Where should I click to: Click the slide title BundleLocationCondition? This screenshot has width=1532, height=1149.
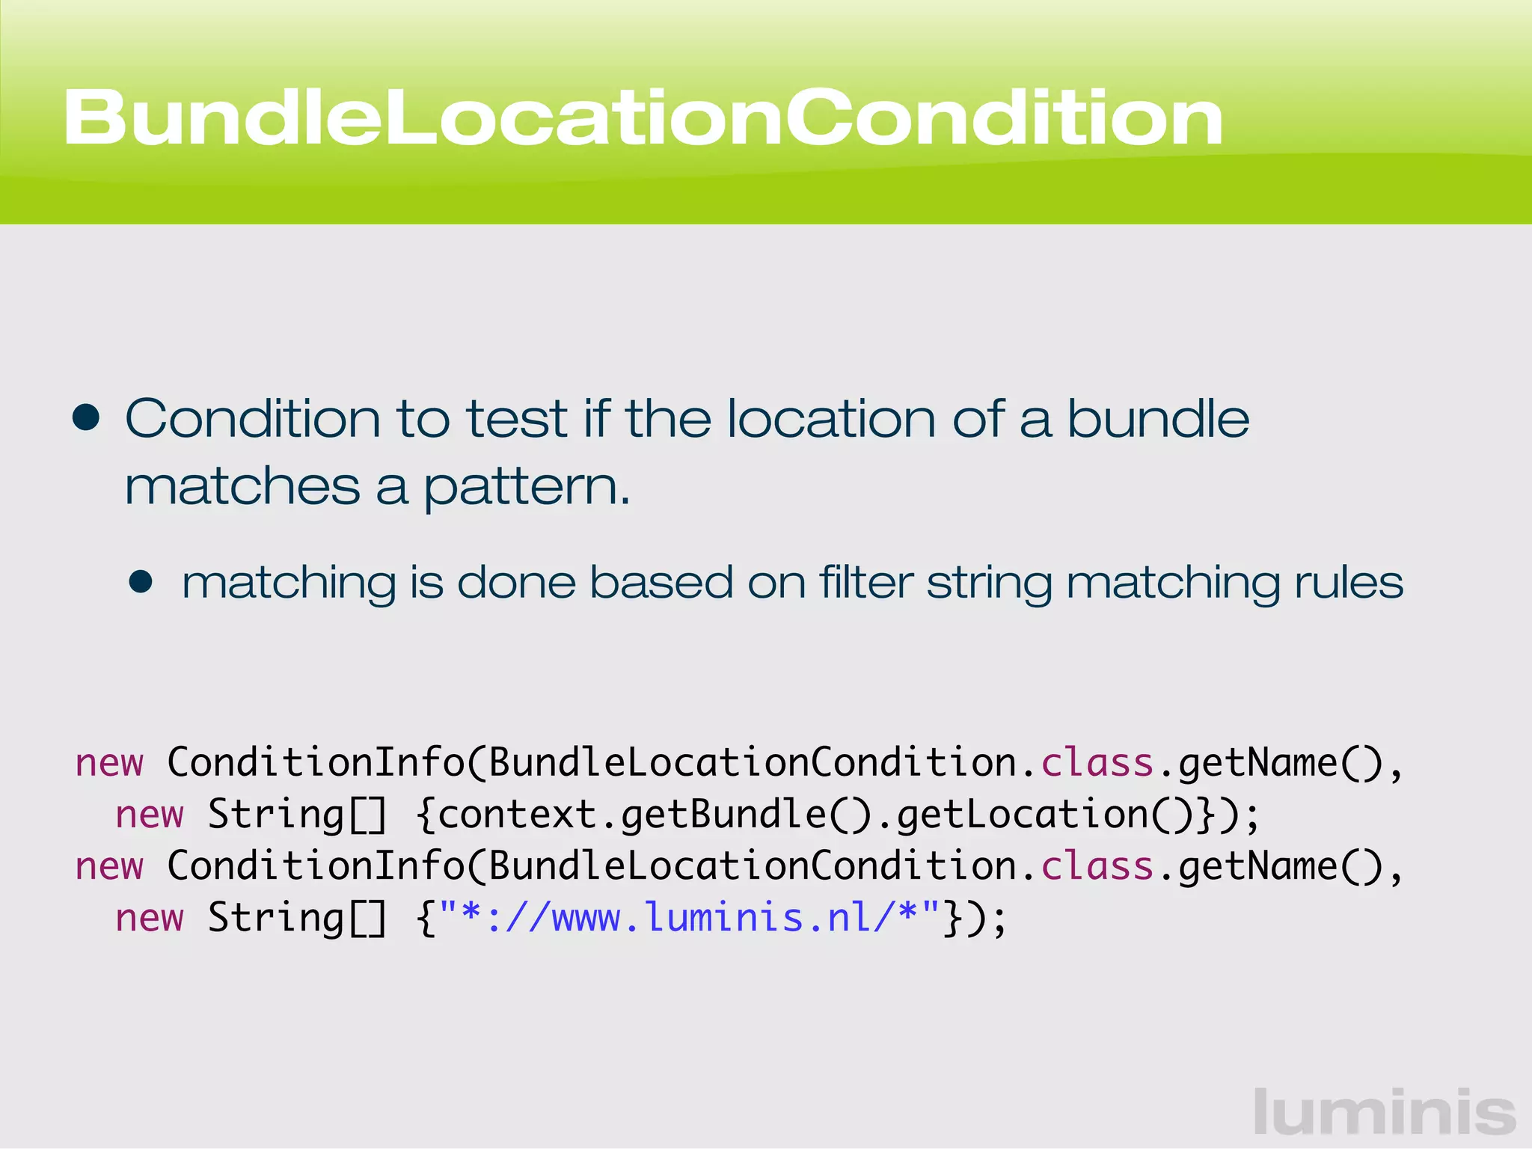pyautogui.click(x=643, y=117)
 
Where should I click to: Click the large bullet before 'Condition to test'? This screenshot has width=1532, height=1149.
pyautogui.click(x=87, y=418)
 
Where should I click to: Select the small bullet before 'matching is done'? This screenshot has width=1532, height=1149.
pyautogui.click(x=141, y=582)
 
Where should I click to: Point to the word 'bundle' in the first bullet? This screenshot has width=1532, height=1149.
pyautogui.click(x=1158, y=418)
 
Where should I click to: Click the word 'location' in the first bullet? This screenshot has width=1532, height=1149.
pyautogui.click(x=831, y=418)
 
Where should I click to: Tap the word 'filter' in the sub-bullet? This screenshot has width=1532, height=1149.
pyautogui.click(x=866, y=582)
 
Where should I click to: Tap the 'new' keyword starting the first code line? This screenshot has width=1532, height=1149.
pyautogui.click(x=109, y=763)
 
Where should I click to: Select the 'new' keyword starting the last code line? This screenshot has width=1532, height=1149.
pyautogui.click(x=150, y=918)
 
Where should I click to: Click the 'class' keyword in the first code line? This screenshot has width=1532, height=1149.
pyautogui.click(x=1097, y=763)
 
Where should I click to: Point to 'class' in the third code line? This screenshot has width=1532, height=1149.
pyautogui.click(x=1097, y=866)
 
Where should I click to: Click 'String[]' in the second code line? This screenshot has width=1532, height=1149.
pyautogui.click(x=297, y=814)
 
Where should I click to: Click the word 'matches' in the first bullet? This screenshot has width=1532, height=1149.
pyautogui.click(x=242, y=487)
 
